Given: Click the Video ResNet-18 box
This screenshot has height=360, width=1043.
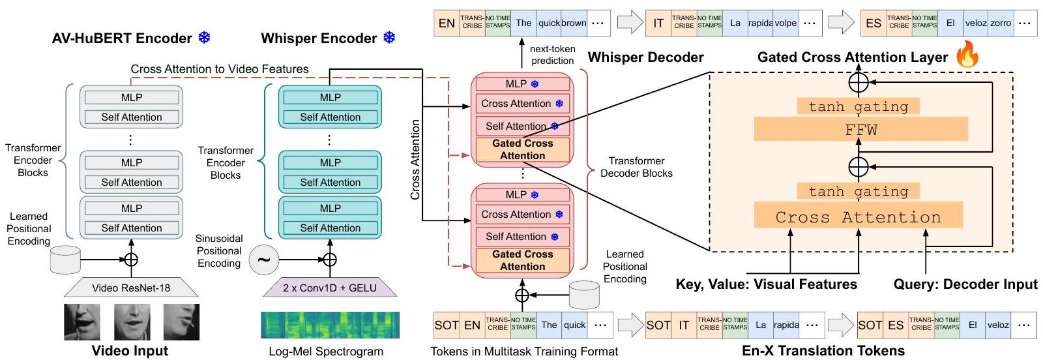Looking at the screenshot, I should [x=131, y=288].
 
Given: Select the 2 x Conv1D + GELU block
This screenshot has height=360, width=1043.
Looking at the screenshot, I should [x=329, y=288].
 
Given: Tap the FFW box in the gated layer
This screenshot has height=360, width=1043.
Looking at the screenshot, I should [x=860, y=130].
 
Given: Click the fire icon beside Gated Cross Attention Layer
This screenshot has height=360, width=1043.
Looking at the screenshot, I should [x=967, y=55].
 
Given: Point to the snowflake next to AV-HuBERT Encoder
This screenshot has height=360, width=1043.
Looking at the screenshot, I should [x=205, y=38].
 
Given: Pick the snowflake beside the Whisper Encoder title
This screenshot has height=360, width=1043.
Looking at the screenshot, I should [x=389, y=38].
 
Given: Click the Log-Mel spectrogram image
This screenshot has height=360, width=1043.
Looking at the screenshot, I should [x=330, y=325].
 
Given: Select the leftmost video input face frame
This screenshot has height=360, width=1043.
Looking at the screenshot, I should [x=82, y=322].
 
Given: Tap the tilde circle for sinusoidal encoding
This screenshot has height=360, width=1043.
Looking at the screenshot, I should [x=263, y=260].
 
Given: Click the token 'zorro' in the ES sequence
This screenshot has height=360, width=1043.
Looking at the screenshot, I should [x=1001, y=23].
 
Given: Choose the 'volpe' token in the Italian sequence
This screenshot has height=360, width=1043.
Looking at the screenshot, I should [x=786, y=23].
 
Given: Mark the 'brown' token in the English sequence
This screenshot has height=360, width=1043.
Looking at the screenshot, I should [x=574, y=23].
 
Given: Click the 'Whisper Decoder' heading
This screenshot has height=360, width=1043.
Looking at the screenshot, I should [x=645, y=57].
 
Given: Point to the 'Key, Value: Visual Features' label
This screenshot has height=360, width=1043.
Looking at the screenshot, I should [x=766, y=284].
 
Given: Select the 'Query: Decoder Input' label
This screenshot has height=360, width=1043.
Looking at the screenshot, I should [x=965, y=284].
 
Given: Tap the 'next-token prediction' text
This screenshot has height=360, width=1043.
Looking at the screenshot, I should [x=552, y=55].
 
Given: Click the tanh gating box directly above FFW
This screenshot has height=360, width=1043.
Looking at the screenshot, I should [x=858, y=106].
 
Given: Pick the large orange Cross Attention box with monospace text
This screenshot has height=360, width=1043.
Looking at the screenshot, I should [x=858, y=217].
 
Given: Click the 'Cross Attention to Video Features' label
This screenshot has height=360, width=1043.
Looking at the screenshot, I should [x=220, y=69].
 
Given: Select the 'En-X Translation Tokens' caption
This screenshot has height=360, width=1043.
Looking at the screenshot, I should [x=823, y=351].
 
